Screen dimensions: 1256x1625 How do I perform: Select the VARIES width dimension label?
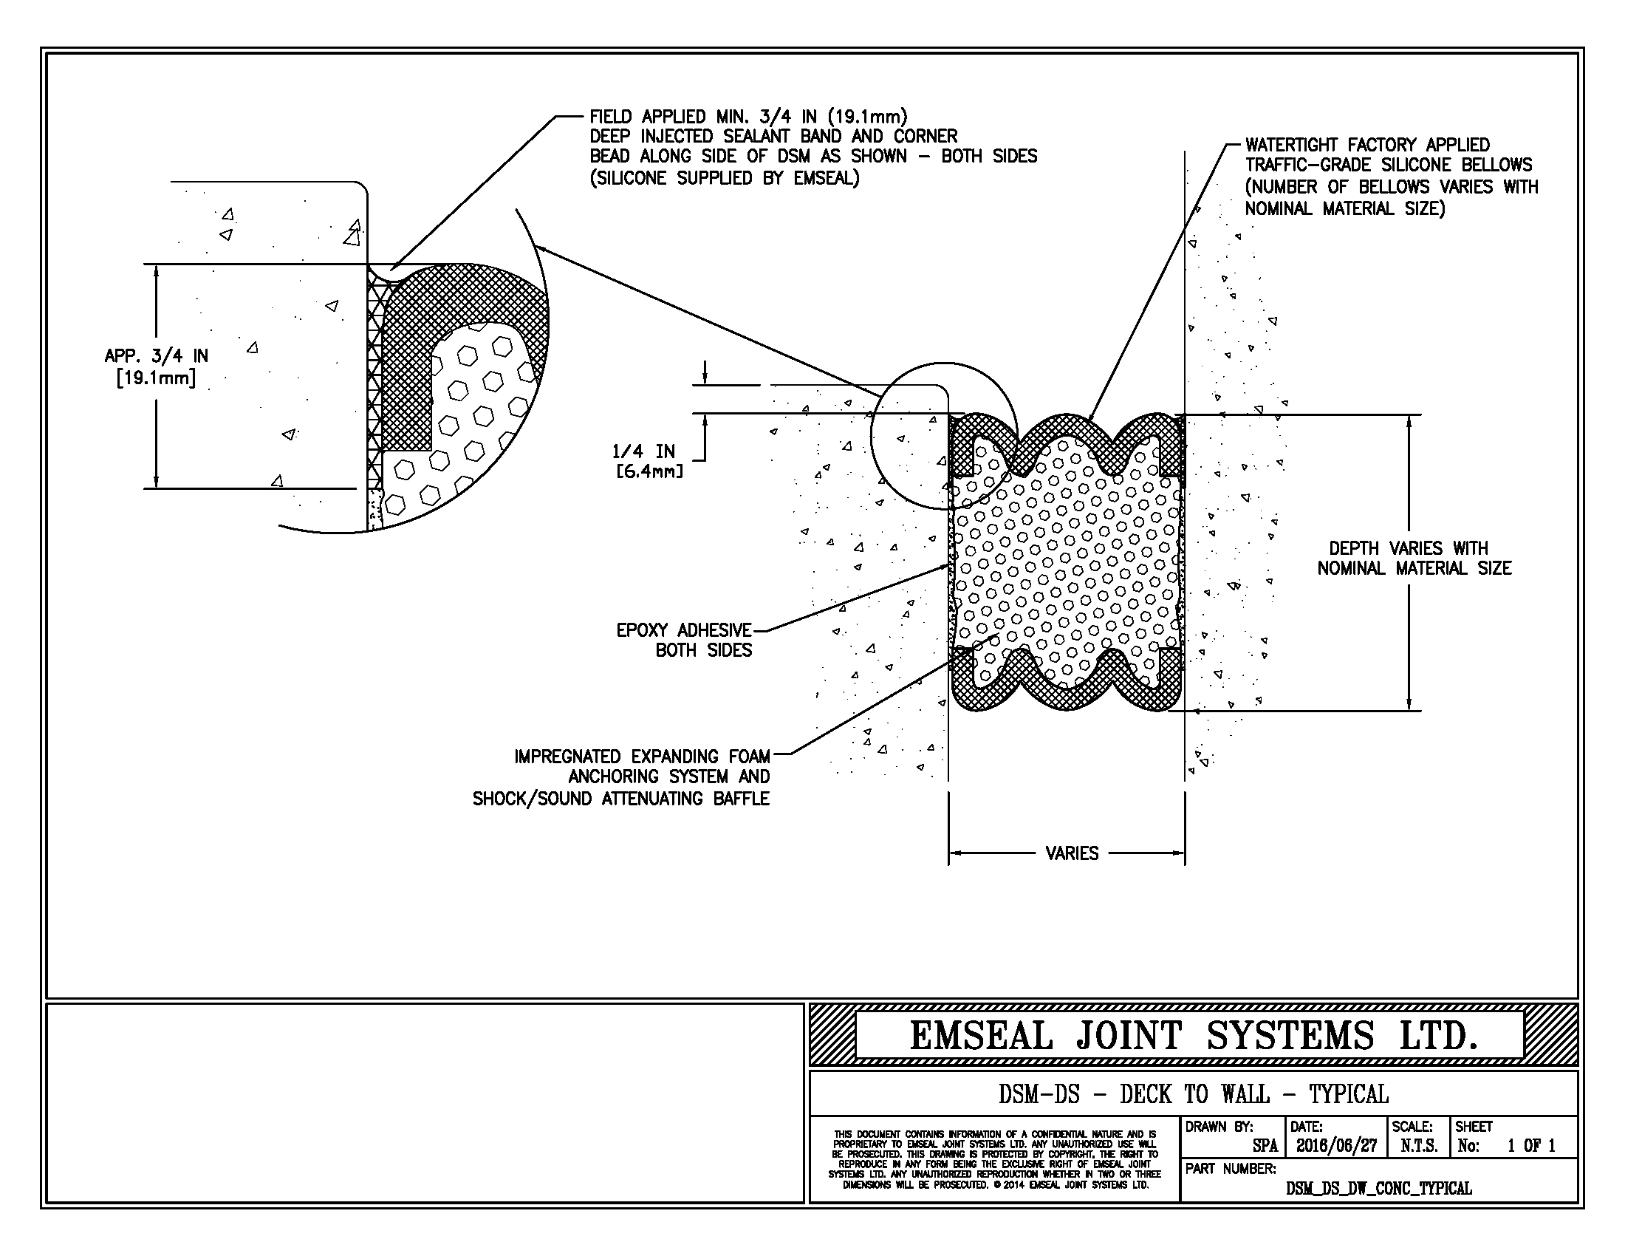click(x=1072, y=853)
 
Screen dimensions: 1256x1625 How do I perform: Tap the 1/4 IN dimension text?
click(x=643, y=451)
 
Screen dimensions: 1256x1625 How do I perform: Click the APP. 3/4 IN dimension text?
click(x=157, y=356)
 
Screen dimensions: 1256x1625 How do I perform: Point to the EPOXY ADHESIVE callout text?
click(x=683, y=631)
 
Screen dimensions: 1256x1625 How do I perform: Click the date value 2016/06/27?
click(x=1336, y=1146)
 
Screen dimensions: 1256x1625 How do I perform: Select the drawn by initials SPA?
click(x=1264, y=1147)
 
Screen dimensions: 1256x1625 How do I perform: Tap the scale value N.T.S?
click(x=1418, y=1146)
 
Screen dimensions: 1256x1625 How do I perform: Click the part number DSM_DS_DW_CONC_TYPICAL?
click(x=1378, y=1189)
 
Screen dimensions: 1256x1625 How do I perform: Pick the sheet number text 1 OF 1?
click(x=1530, y=1146)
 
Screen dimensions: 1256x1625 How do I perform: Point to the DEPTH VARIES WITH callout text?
click(x=1408, y=548)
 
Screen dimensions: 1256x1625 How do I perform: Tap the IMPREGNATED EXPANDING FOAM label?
click(x=641, y=757)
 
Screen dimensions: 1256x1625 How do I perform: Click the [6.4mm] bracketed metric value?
click(x=649, y=472)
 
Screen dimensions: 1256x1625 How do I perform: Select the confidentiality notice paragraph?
click(x=994, y=1159)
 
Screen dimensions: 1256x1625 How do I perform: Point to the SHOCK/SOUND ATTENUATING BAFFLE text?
click(x=620, y=799)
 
